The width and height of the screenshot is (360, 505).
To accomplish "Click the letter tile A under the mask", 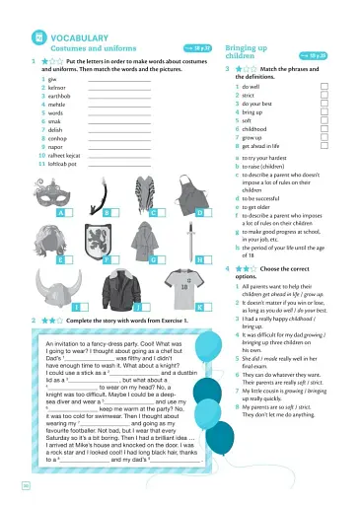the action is tap(61, 213).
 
